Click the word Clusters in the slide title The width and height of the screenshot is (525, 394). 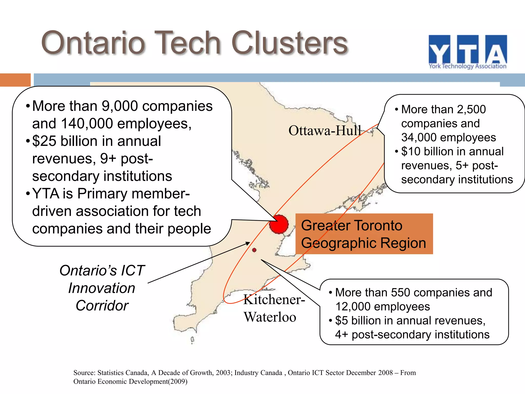tap(289, 43)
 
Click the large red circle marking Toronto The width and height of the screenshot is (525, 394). tap(279, 224)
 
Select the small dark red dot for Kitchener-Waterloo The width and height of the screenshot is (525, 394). tap(254, 250)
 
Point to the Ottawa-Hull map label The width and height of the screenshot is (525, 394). tap(325, 131)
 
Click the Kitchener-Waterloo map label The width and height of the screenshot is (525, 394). tap(274, 308)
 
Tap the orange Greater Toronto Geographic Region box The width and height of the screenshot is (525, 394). tap(364, 234)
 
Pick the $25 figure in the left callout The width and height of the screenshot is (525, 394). tap(44, 141)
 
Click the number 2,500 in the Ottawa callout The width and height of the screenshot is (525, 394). tap(471, 110)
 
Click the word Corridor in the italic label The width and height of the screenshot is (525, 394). tap(102, 306)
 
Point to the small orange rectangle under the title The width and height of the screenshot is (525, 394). tap(15, 80)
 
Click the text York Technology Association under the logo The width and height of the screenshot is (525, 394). tap(468, 66)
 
